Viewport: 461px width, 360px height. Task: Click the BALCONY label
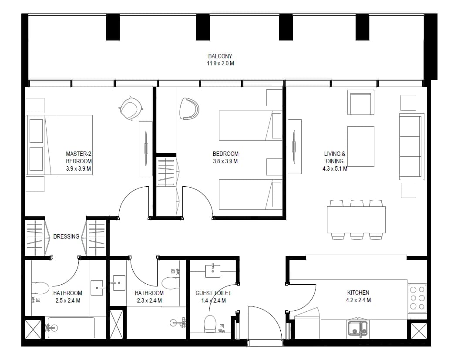[x=220, y=56]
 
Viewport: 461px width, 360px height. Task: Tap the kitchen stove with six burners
[x=417, y=298]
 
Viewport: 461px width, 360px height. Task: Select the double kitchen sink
[x=357, y=328]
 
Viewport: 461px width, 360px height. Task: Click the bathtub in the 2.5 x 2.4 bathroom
[x=71, y=328]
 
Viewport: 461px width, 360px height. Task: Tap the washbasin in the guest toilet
[x=212, y=271]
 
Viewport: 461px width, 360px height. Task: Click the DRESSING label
[x=66, y=236]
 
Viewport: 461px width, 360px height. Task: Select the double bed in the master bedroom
[x=59, y=145]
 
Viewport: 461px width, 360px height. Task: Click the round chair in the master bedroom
[x=131, y=108]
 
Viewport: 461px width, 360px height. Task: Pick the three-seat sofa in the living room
[x=411, y=146]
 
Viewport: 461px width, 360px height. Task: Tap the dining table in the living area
[x=356, y=220]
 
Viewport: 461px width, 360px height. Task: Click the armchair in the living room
[x=361, y=102]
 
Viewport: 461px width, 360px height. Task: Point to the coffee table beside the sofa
[x=361, y=146]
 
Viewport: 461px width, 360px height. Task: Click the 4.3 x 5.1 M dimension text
[x=335, y=169]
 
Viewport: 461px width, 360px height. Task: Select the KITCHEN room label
[x=358, y=293]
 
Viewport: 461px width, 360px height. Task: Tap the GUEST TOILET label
[x=213, y=293]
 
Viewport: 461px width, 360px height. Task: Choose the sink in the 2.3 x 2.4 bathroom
[x=119, y=283]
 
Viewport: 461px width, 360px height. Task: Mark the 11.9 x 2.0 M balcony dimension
[x=220, y=63]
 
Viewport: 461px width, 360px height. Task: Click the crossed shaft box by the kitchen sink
[x=419, y=331]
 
